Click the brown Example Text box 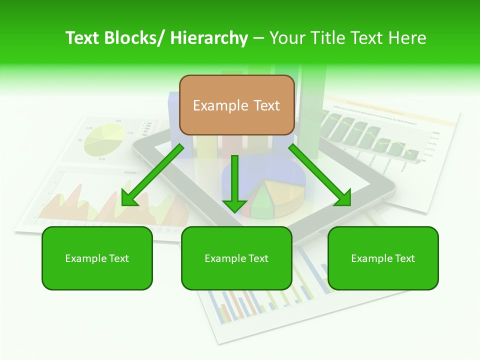click(x=236, y=105)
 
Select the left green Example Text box click(x=97, y=258)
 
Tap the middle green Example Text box click(x=236, y=258)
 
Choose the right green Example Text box click(x=383, y=258)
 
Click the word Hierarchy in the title click(x=209, y=38)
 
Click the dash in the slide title click(x=259, y=38)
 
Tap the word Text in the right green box click(x=404, y=258)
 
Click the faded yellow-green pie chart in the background click(x=104, y=138)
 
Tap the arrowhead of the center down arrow click(x=234, y=205)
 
